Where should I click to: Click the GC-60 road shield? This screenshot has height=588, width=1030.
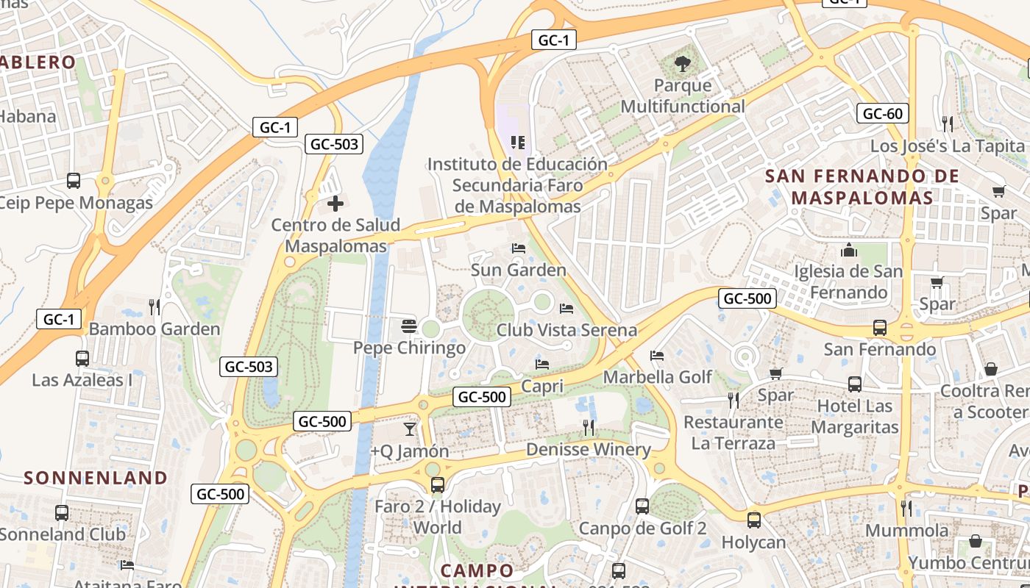point(882,113)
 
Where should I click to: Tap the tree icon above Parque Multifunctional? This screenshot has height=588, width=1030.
point(683,64)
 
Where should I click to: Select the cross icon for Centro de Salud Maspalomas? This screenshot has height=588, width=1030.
point(335,203)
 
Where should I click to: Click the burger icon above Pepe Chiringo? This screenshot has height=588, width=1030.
point(409,326)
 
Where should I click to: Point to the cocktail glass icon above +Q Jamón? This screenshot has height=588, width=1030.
point(410,429)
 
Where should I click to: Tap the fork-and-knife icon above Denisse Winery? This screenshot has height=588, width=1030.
point(588,427)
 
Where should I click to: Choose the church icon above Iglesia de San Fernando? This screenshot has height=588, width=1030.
point(849,250)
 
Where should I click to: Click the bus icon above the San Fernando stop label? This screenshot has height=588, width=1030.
point(879,328)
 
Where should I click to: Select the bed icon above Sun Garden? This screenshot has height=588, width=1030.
point(519,248)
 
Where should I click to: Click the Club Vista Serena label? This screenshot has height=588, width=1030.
point(566,330)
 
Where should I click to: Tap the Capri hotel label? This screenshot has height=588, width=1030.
point(542,386)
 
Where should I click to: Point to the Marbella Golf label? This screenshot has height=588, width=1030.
point(658,377)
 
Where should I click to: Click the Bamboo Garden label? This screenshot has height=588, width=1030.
point(154,329)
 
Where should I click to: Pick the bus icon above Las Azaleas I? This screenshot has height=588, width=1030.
point(82,359)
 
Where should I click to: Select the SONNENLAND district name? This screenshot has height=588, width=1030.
point(96,478)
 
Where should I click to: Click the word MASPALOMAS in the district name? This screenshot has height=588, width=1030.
point(862,198)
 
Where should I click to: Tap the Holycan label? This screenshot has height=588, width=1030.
point(753,542)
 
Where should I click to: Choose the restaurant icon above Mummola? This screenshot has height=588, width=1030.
point(906,508)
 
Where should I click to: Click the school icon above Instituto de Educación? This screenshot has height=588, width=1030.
point(517,142)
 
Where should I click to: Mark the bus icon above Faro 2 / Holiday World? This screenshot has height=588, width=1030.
point(438,485)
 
